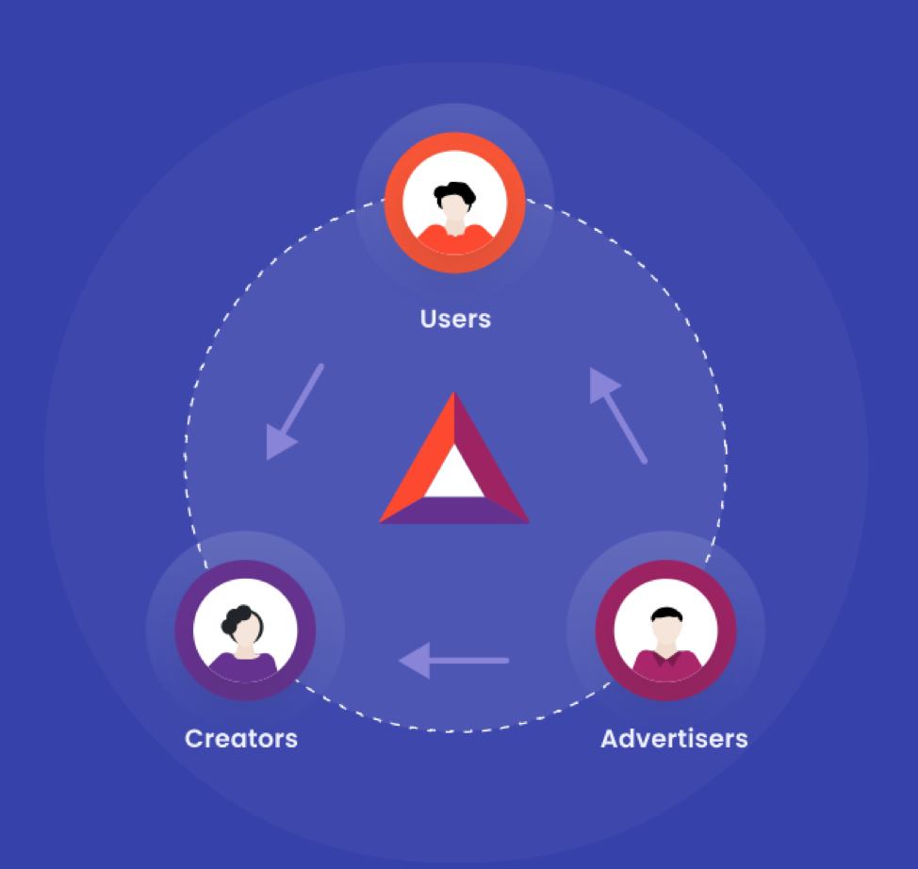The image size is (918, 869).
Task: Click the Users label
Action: point(455,320)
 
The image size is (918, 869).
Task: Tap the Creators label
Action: point(241,738)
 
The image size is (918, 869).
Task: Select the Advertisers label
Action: point(675,738)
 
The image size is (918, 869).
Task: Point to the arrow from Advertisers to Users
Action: point(618,416)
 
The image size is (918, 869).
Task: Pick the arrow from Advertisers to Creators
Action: point(453,661)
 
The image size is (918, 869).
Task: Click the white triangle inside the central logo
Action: point(454,474)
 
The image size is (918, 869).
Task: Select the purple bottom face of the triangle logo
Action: point(454,511)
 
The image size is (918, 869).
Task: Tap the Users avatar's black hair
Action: point(454,193)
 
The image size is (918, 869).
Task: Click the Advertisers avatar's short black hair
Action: point(667,615)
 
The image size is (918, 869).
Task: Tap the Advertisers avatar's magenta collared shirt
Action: point(667,665)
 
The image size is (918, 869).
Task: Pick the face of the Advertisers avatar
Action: point(667,630)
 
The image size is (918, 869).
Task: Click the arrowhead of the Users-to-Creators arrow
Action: point(280,443)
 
